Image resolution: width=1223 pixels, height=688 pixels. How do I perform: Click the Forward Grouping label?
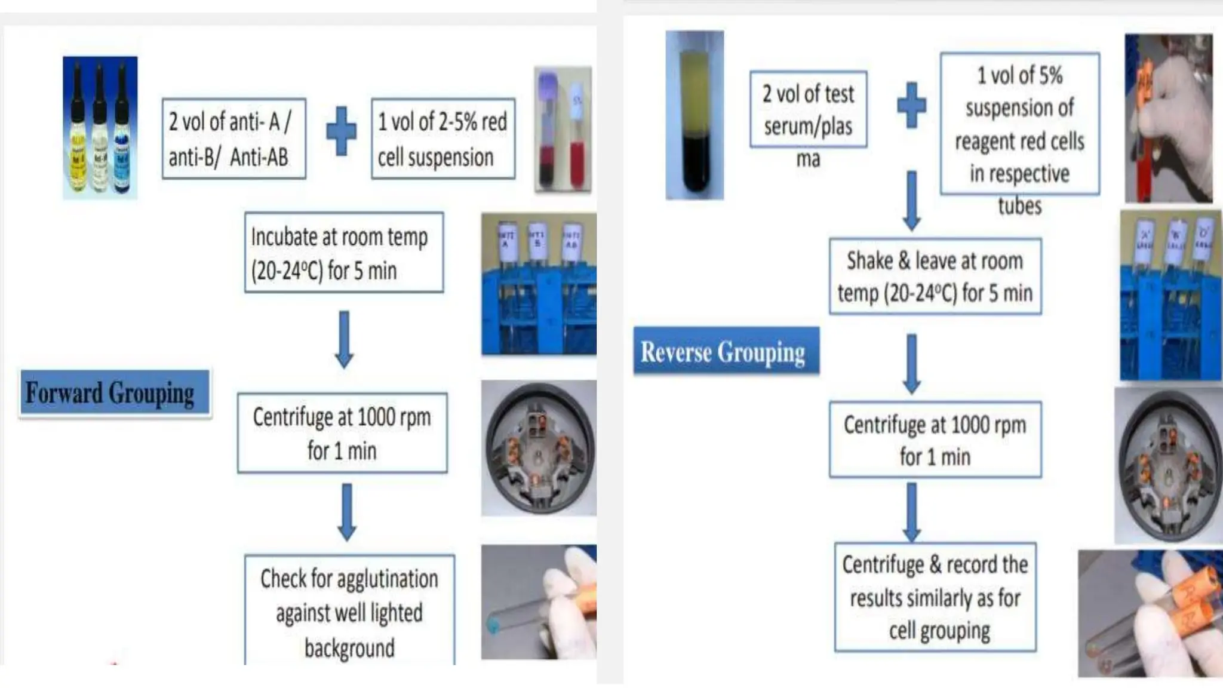114,392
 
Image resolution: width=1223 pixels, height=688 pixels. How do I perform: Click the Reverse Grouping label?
726,351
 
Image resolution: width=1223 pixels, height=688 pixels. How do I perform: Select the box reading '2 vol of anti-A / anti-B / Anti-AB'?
233,139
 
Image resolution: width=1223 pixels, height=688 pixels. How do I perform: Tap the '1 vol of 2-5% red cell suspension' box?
443,139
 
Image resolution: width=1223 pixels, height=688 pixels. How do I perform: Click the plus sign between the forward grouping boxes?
341,131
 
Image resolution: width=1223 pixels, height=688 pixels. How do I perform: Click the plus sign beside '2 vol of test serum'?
911,105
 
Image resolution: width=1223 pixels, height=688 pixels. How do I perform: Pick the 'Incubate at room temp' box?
343,253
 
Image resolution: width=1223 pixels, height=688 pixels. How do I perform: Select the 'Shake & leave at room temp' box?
935,277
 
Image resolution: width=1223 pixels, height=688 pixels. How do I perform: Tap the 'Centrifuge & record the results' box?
935,597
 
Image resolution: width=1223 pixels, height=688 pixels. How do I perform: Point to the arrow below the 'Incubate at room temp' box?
344,339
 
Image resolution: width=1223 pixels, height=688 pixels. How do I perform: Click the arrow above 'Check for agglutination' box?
346,512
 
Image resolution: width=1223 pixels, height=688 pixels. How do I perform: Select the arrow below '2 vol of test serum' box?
911,200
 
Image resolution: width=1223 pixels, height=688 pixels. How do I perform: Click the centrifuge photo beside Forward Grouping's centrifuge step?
539,448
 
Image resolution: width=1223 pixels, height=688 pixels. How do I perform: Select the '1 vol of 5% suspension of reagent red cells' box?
1019,124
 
